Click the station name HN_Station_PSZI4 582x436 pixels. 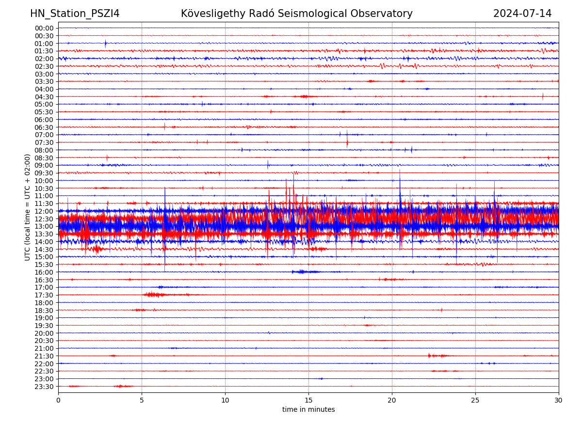(75, 14)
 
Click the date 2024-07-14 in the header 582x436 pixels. (522, 14)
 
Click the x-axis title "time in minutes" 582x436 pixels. (308, 410)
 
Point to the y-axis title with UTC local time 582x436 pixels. (28, 207)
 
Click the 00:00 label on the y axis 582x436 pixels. (44, 28)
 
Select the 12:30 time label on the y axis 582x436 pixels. (44, 219)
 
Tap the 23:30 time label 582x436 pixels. (44, 387)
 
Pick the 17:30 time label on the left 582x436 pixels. (44, 295)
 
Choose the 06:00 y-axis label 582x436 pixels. (44, 120)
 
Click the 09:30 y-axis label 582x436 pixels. (44, 173)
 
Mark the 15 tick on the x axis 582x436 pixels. (308, 400)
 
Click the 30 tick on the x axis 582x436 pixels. (559, 400)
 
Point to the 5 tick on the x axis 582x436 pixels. (142, 400)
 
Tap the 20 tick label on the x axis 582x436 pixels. (392, 400)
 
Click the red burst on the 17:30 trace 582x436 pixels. (154, 295)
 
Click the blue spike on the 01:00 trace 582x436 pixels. (105, 43)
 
